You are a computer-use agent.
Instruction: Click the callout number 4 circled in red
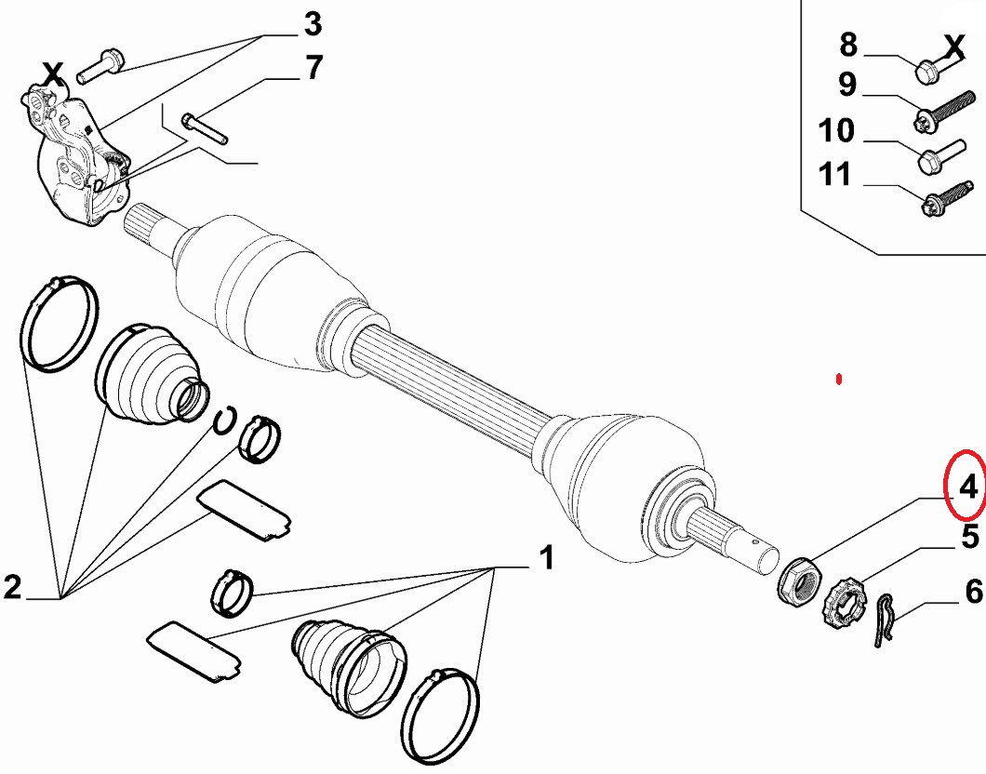click(x=967, y=487)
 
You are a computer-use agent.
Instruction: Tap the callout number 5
click(x=970, y=537)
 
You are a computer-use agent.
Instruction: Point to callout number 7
click(x=313, y=67)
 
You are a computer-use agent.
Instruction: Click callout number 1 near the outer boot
click(x=547, y=557)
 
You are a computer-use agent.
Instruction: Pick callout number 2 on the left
click(x=13, y=587)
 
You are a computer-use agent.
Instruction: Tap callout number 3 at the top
click(x=313, y=24)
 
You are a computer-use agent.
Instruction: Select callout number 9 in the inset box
click(x=847, y=85)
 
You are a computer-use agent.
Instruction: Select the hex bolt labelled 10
click(x=941, y=156)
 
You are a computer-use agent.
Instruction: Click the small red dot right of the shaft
click(x=838, y=380)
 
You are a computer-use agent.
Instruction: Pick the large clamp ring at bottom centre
click(x=440, y=714)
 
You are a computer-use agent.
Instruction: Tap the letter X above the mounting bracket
click(x=53, y=74)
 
